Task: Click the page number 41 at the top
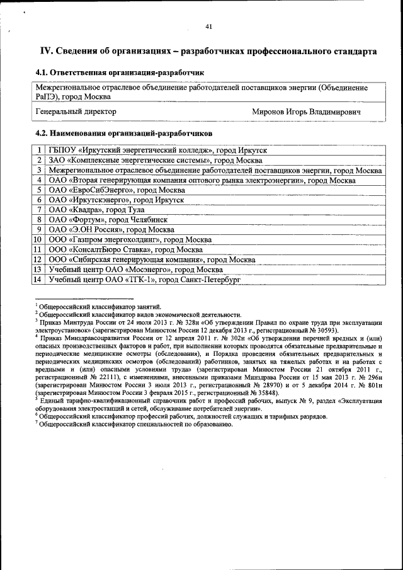[x=208, y=26]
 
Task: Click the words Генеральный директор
[x=76, y=111]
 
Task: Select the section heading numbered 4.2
[x=123, y=134]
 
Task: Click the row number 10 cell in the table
[x=38, y=239]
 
